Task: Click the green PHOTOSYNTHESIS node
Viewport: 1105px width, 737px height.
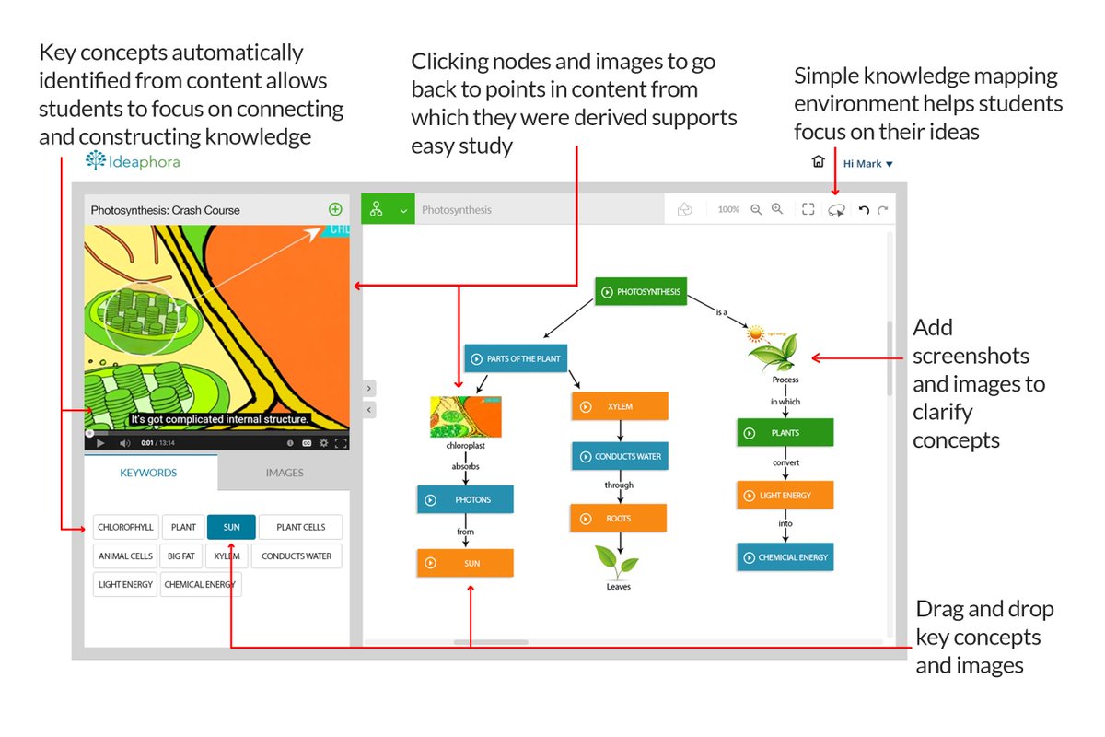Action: point(641,292)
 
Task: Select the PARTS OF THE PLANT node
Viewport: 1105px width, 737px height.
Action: point(514,358)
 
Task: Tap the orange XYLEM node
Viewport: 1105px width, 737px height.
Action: point(619,406)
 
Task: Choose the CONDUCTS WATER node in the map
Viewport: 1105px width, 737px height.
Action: point(619,456)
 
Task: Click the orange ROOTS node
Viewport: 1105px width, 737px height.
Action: point(618,519)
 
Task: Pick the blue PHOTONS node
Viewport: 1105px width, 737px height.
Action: point(465,499)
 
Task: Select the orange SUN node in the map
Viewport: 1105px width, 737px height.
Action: point(465,563)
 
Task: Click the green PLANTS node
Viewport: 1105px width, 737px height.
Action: point(785,432)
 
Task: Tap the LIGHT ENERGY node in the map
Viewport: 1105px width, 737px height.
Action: point(785,495)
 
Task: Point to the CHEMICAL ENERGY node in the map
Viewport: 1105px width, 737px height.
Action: point(785,557)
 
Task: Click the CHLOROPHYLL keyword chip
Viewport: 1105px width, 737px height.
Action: point(125,527)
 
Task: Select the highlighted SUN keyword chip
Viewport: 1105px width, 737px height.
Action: point(231,527)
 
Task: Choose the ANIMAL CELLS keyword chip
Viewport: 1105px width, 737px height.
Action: point(125,556)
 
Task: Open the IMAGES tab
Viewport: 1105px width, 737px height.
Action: point(284,473)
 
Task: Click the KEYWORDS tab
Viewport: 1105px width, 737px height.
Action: point(148,473)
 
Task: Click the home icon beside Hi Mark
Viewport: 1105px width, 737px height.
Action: point(818,162)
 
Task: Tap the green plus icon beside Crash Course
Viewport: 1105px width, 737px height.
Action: point(335,209)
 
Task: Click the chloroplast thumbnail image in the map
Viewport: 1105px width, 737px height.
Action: point(465,416)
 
